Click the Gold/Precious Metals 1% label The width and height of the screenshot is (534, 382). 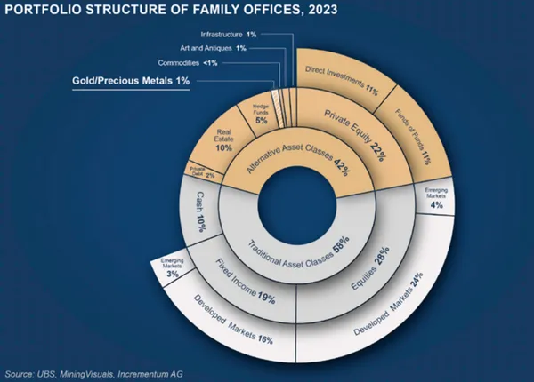(131, 82)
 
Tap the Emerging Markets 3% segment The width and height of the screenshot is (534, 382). (171, 268)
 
